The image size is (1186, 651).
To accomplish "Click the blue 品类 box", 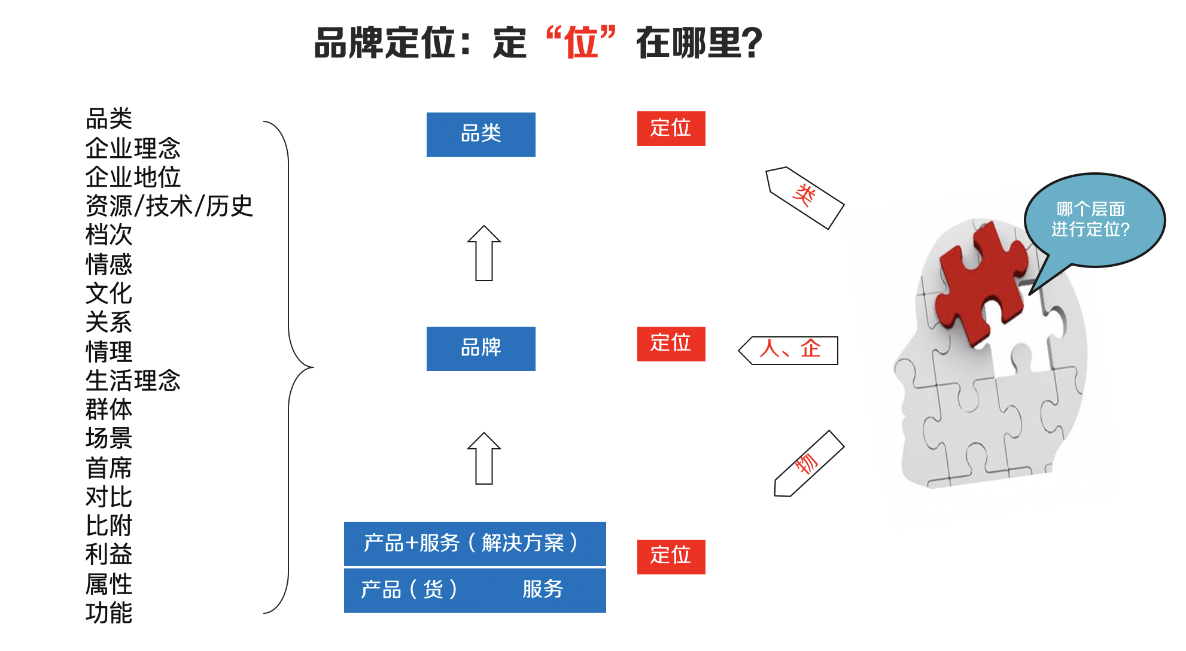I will pos(481,134).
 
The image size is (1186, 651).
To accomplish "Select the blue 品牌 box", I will pos(481,348).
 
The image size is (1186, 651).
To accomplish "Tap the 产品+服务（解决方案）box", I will pos(475,543).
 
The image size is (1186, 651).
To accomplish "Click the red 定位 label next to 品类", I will pos(671,129).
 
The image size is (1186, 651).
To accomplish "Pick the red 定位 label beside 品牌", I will pos(671,343).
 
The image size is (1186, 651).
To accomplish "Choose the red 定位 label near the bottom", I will pos(671,556).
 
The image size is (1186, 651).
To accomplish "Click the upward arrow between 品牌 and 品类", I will pos(484,254).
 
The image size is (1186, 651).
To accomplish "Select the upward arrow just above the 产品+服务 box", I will pos(484,459).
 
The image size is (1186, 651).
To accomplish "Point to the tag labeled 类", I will pos(805,197).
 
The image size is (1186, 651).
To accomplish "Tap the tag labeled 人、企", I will pos(789,350).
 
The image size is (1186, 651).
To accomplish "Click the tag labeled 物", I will pos(808,464).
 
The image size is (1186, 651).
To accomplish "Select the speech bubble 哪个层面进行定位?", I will pos(1092,220).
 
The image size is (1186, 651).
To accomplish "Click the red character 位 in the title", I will pos(581,43).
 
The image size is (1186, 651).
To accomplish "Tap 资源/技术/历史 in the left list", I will pos(169,206).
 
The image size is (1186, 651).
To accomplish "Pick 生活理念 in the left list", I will pos(133,381).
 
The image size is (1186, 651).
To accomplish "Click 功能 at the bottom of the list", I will pos(109,613).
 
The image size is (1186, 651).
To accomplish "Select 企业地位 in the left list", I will pos(133,177).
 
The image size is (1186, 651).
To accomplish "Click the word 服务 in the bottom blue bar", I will pos(543,589).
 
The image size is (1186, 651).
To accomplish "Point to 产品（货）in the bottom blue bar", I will pos(409,589).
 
